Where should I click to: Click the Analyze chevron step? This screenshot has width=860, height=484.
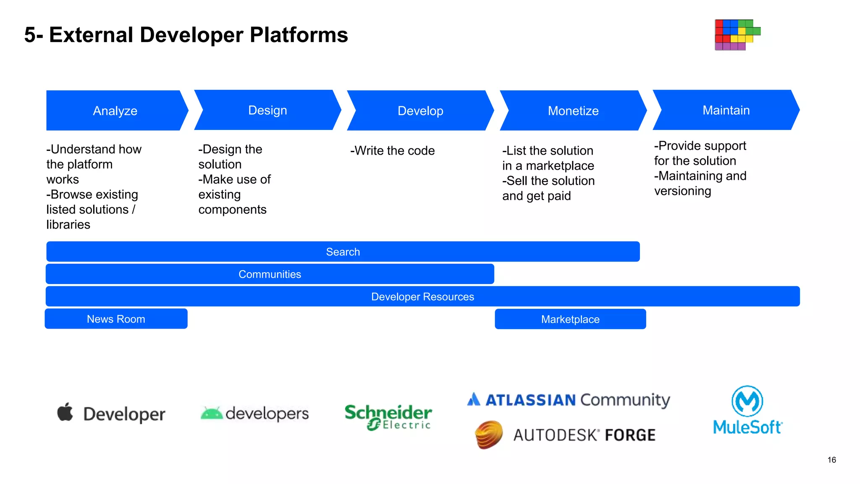coord(115,110)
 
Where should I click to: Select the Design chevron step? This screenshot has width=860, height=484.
coord(267,110)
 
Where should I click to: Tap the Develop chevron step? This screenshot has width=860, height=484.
coord(420,110)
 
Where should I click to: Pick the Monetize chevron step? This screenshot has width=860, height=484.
coord(573,110)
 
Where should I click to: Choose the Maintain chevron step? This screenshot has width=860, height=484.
coord(726,110)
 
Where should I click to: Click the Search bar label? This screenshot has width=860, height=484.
coord(343,252)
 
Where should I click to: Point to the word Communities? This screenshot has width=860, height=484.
coord(270,274)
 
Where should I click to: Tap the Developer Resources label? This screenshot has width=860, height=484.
coord(422,297)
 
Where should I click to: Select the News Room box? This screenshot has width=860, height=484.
coord(116,319)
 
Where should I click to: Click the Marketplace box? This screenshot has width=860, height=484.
coord(570,319)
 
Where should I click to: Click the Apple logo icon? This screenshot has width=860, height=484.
coord(65,412)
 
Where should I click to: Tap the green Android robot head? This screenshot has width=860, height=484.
coord(212,413)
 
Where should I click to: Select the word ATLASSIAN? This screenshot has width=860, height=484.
coord(530,400)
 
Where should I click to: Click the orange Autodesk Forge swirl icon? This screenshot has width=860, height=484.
coord(489,434)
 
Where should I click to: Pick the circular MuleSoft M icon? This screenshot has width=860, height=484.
coord(747,401)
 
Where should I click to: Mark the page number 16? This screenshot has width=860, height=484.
coord(831,460)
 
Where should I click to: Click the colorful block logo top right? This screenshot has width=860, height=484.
coord(737,35)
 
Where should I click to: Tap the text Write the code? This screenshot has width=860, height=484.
coord(392,150)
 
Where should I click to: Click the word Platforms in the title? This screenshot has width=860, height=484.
coord(299,35)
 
